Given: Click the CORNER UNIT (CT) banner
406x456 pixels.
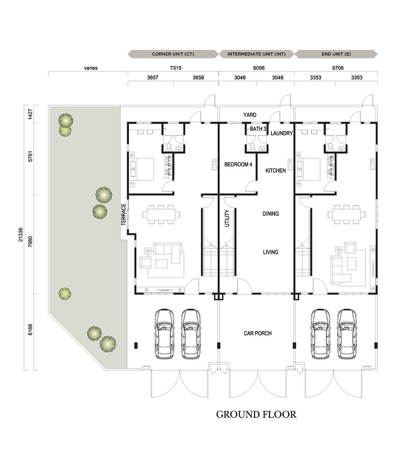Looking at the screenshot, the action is point(173,54).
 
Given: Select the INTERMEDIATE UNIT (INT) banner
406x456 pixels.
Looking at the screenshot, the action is point(256,54).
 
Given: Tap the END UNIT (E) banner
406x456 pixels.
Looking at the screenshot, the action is point(336,54).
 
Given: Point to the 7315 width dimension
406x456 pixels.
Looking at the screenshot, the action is point(176,68).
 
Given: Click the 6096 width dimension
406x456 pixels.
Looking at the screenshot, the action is point(259,68).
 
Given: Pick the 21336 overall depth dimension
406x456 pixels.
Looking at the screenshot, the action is point(20,234).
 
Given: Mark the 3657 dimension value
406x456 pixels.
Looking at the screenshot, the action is point(153,77).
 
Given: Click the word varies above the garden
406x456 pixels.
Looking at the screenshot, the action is point(91,68).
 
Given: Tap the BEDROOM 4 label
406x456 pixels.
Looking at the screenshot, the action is point(238,164).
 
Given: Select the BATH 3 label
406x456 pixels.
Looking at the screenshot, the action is point(258,129).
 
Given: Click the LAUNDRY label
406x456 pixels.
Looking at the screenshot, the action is point(282,133).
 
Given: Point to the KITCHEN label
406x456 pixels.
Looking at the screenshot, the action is point(275,171).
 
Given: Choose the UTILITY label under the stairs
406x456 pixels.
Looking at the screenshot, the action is point(227,218).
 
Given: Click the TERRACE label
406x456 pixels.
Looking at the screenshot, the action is point(123,215).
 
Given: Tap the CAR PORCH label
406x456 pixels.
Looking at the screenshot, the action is point(258,333).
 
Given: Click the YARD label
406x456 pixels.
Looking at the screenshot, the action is point(250,115).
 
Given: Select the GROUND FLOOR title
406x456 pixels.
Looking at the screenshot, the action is point(256,414).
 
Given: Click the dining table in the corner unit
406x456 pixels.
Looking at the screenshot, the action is point(161,215).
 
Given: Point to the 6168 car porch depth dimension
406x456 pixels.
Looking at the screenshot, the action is point(30,330).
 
